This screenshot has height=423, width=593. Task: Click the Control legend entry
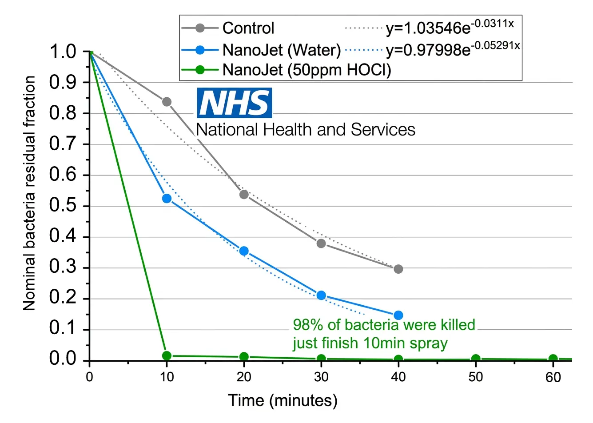tap(248, 28)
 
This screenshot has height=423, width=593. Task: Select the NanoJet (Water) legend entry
tap(281, 50)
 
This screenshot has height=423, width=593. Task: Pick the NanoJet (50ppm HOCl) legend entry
tap(306, 70)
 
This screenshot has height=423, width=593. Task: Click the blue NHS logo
tap(234, 103)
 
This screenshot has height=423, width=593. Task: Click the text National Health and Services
tap(306, 129)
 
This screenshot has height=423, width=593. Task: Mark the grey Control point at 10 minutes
tap(167, 102)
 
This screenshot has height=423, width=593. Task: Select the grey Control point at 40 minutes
tap(398, 269)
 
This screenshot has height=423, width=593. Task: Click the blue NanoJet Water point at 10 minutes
tap(167, 198)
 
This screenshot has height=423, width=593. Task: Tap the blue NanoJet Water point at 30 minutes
tap(321, 295)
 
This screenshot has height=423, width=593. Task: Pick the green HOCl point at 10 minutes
tap(167, 355)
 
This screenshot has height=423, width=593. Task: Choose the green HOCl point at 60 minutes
tap(553, 359)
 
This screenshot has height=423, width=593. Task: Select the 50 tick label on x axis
tap(476, 377)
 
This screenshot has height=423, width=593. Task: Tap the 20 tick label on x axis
tap(244, 377)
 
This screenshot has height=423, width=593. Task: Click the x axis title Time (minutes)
tap(283, 400)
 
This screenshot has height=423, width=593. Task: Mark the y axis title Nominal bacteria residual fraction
tap(29, 193)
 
